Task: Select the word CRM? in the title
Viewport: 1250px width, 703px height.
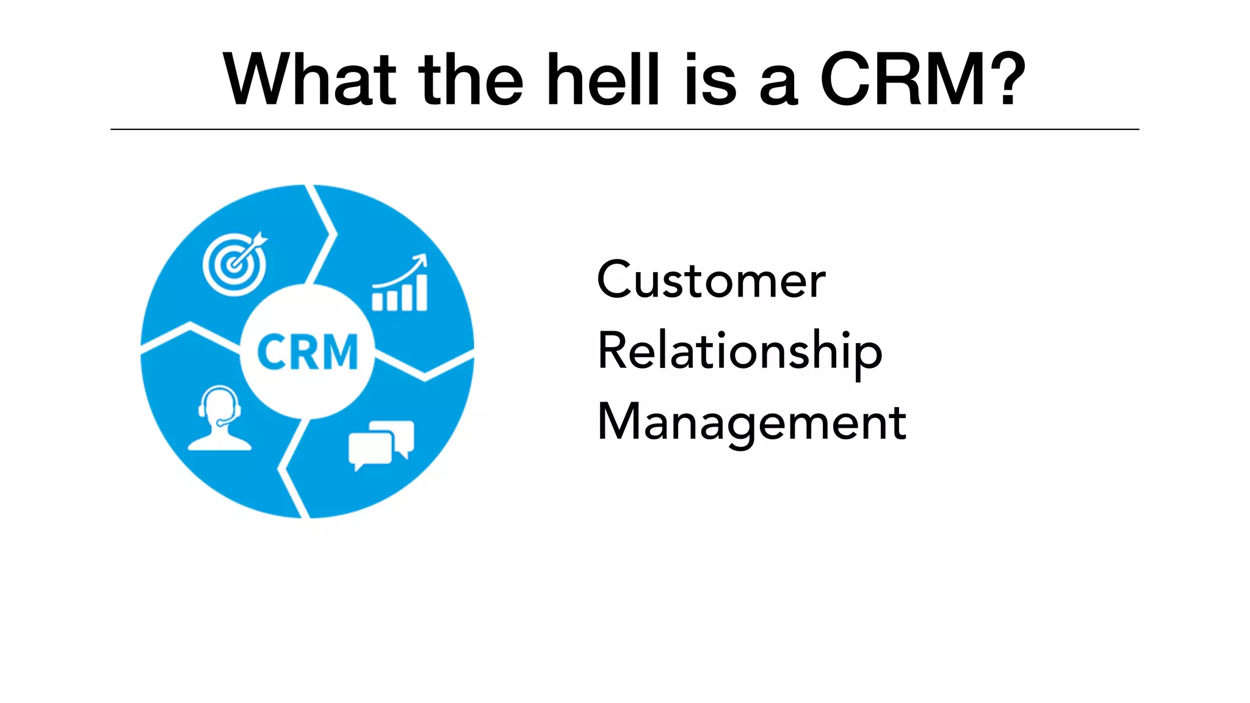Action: point(922,80)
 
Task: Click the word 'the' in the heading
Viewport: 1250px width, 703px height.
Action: point(471,80)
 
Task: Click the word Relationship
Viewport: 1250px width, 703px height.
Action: point(740,352)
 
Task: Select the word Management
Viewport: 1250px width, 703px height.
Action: point(751,422)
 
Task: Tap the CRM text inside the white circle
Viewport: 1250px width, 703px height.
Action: point(307,352)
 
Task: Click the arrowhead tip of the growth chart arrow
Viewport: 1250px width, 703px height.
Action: point(422,258)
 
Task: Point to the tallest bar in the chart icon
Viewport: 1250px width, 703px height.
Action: point(421,292)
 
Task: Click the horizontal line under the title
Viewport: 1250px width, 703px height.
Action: point(624,129)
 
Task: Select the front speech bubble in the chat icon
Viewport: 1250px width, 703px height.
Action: point(370,450)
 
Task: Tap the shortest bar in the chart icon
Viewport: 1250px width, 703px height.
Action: point(377,301)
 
